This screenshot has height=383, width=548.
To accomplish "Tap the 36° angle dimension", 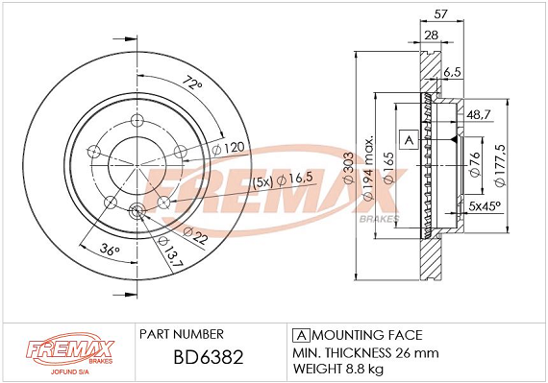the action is click(110, 250).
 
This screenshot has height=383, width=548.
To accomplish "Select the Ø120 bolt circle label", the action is click(228, 149).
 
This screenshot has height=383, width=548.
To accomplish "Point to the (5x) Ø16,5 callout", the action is click(283, 180).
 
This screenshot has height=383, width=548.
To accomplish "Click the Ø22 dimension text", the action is click(195, 236).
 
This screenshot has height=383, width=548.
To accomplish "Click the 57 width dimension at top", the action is click(440, 14).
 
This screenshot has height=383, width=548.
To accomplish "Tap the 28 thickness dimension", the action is click(431, 35).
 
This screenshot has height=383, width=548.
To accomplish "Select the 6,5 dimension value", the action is click(453, 72).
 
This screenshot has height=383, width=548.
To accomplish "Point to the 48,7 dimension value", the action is click(479, 114).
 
